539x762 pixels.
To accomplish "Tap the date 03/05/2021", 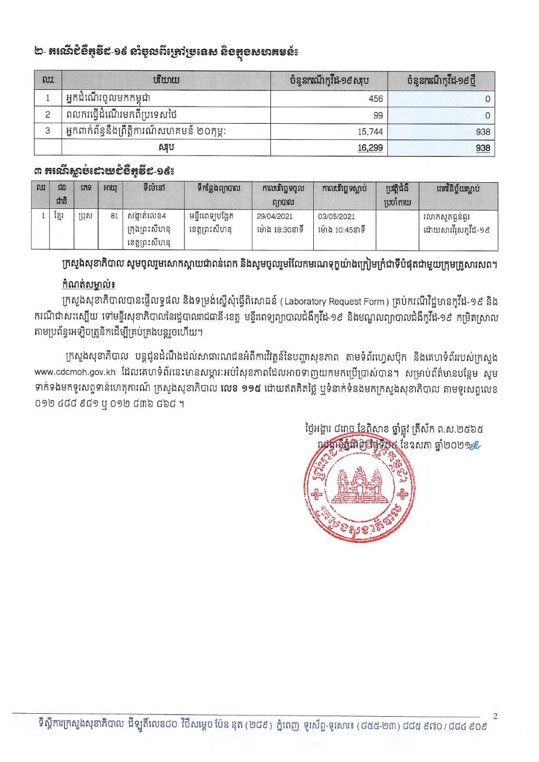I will pyautogui.click(x=337, y=217).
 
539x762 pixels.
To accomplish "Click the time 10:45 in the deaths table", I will pyautogui.click(x=350, y=229).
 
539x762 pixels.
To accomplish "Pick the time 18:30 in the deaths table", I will pyautogui.click(x=288, y=229).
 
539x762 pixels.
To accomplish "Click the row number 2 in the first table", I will pyautogui.click(x=46, y=115).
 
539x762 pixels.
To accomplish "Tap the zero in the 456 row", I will pyautogui.click(x=487, y=99).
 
